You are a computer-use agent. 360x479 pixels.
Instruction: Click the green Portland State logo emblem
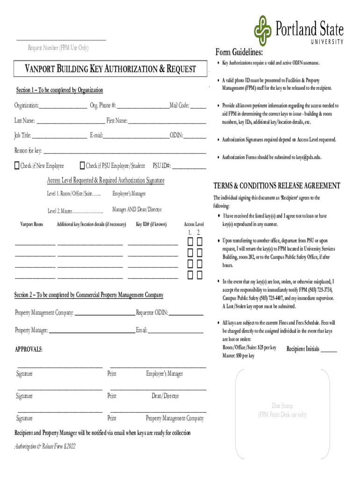click(x=263, y=31)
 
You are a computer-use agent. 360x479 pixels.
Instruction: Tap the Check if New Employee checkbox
click(x=17, y=166)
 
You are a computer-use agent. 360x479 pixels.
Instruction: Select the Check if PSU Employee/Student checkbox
click(x=82, y=166)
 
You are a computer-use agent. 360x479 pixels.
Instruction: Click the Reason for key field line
click(x=124, y=152)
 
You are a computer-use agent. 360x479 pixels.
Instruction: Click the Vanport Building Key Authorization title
click(x=110, y=69)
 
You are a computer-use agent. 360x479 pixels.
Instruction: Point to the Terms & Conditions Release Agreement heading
click(x=277, y=186)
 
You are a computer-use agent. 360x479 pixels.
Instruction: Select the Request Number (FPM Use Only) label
click(x=58, y=48)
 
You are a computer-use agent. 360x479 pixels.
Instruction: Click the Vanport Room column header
click(x=32, y=225)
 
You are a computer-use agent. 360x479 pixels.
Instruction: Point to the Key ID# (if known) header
click(x=151, y=225)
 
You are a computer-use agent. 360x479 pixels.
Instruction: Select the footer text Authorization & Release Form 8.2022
click(x=45, y=446)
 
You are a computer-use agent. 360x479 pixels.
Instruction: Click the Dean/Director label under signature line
click(x=165, y=396)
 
